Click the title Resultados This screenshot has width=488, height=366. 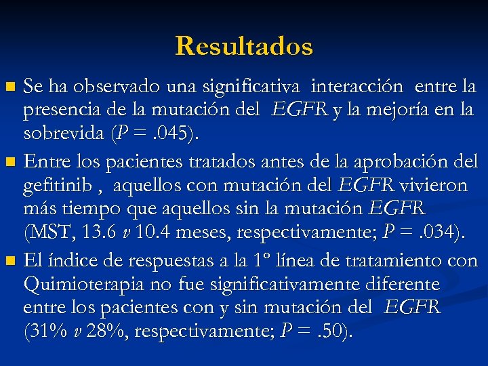244,46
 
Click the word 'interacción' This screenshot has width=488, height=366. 357,87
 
